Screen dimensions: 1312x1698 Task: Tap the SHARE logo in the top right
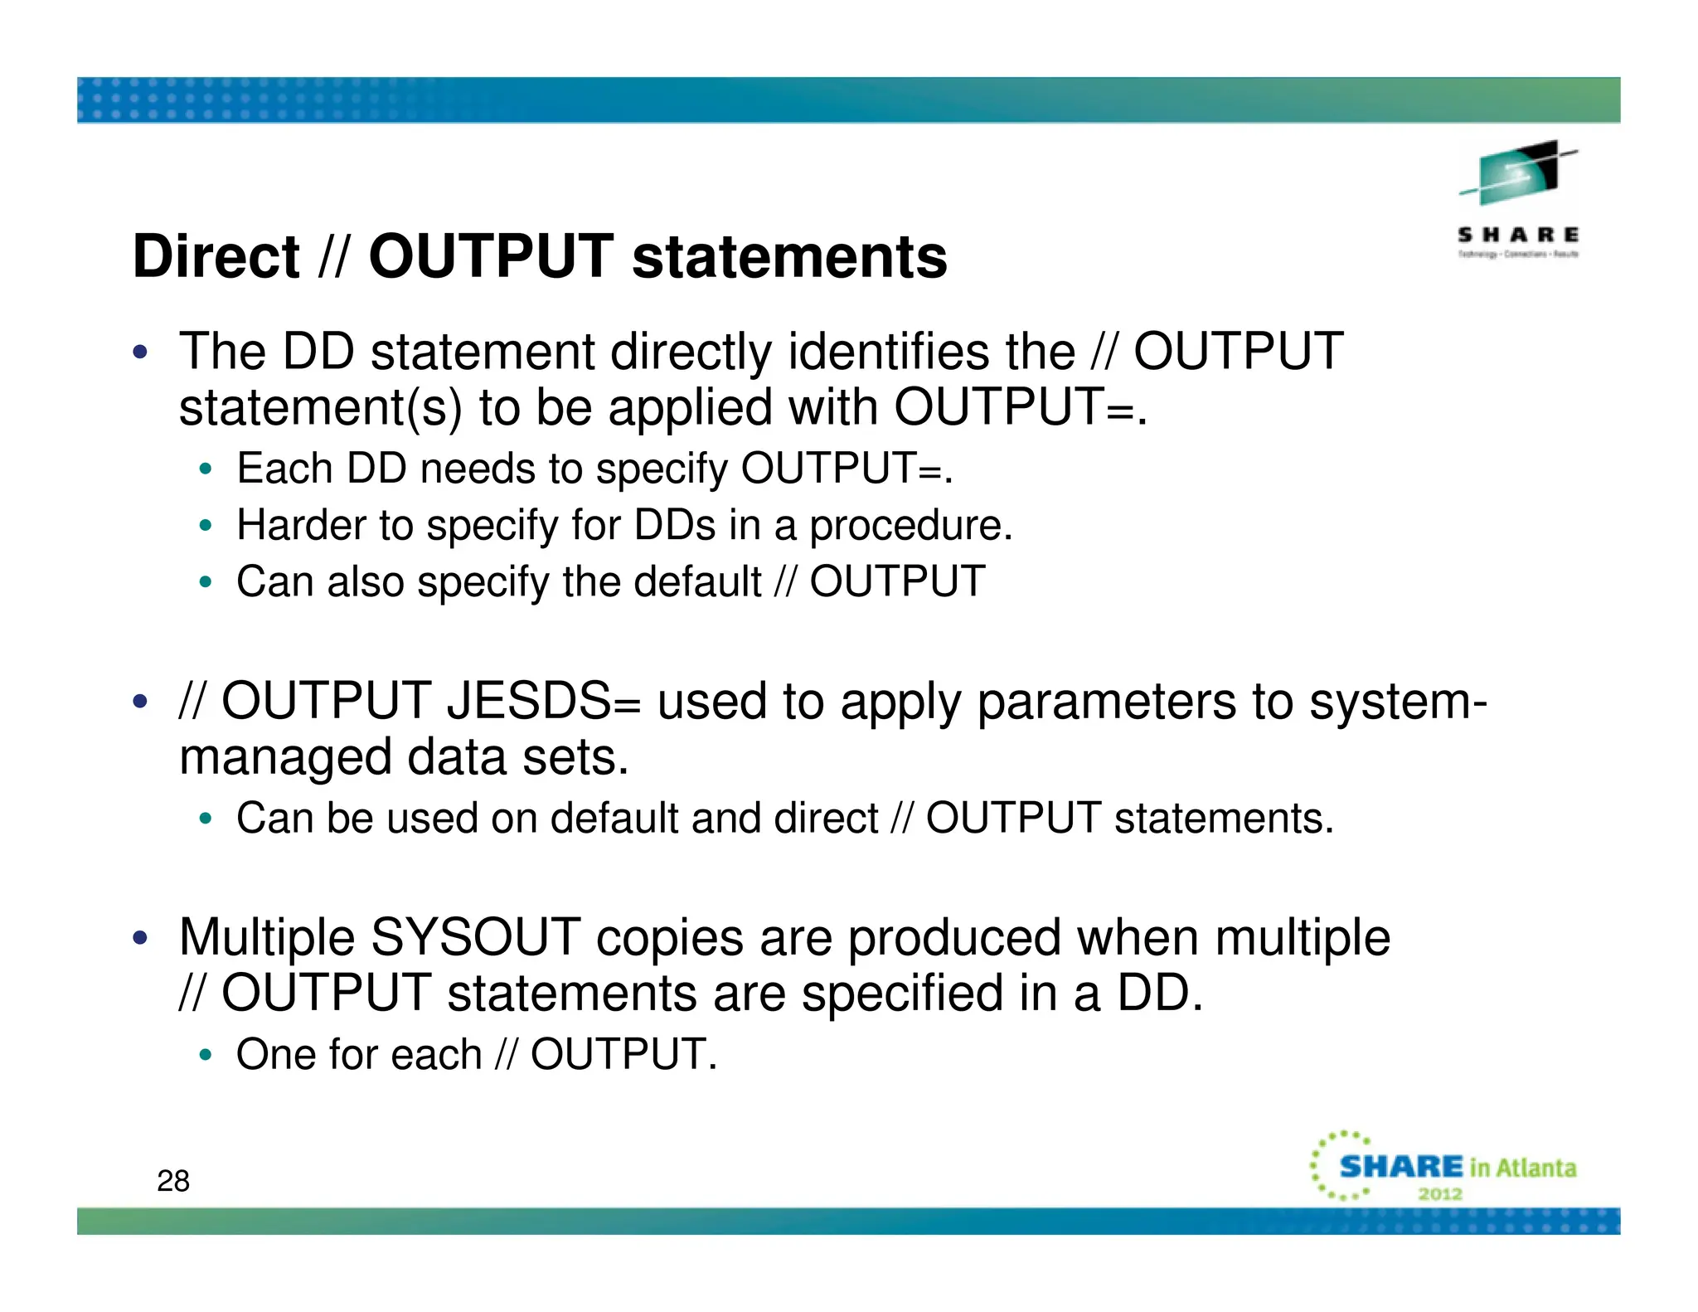(1517, 199)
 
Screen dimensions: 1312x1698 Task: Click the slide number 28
(172, 1181)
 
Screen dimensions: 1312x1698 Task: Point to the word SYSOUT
(474, 938)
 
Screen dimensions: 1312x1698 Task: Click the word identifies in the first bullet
(888, 352)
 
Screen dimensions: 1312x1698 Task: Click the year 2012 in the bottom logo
(1440, 1194)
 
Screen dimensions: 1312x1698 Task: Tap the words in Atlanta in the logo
(1522, 1168)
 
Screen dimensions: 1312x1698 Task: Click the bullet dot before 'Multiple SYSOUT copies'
(140, 938)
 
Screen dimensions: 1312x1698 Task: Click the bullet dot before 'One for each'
(206, 1055)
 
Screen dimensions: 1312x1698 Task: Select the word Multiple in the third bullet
(266, 938)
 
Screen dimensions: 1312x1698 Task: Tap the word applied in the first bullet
(690, 408)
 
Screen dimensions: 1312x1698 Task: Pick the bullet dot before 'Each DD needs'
(206, 469)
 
